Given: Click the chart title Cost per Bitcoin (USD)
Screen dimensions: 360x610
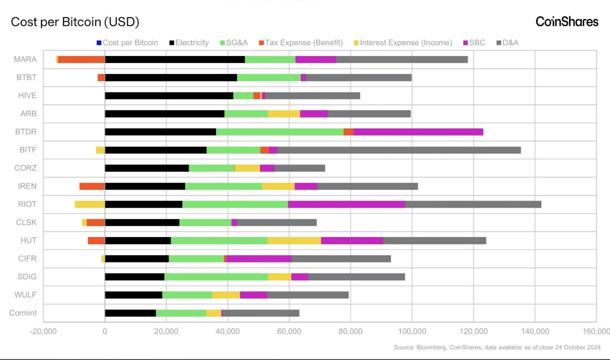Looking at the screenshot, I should [75, 22].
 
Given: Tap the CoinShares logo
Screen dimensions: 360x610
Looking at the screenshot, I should [567, 22].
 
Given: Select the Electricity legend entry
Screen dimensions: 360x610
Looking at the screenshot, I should [189, 43].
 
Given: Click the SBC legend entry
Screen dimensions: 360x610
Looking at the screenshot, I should [474, 43].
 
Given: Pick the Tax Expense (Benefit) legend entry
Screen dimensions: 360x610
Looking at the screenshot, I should [301, 43].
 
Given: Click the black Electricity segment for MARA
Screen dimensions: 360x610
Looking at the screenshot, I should [175, 59].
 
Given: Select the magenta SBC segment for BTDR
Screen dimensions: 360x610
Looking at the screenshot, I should [418, 132].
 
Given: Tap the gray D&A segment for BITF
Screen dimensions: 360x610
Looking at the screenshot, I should [399, 150].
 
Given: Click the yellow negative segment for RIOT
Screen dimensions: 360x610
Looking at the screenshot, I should [90, 204].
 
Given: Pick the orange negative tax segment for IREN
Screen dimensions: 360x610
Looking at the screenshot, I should [92, 186].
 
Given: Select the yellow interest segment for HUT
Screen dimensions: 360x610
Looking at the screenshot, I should [294, 240].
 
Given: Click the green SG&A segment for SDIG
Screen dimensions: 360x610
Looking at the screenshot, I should [216, 276].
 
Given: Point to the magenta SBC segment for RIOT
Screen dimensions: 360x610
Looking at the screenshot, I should [346, 204].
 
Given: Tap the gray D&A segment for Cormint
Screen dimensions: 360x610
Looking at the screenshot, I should [261, 313].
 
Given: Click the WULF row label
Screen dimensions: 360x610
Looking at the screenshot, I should [26, 295].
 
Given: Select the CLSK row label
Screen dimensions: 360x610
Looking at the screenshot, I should [26, 222].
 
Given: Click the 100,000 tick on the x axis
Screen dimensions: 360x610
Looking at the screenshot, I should [412, 331].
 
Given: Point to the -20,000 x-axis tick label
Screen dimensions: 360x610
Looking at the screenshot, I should [43, 331].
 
